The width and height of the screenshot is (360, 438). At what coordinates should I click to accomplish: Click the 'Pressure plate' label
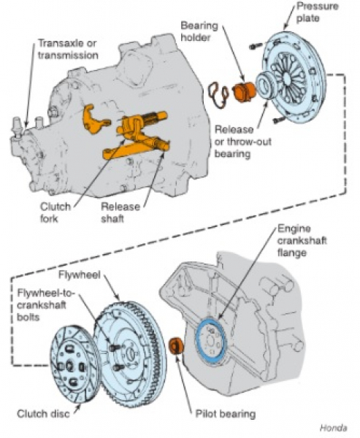(317, 12)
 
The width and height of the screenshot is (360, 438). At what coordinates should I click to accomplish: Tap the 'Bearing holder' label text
(199, 31)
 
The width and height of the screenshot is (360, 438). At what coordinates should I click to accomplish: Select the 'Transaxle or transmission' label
(68, 49)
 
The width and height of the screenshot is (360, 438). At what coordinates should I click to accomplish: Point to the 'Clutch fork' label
(55, 212)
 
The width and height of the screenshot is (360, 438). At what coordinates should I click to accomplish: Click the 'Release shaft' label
(120, 212)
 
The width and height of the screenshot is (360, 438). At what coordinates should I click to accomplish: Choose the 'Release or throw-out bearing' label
(242, 142)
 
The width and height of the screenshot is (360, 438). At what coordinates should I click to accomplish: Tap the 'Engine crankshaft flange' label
(302, 240)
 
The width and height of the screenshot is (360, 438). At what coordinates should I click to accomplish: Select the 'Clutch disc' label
(43, 414)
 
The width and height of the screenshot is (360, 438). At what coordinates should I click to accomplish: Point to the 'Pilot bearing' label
(226, 414)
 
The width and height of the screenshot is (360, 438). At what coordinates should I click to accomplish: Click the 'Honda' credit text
(333, 428)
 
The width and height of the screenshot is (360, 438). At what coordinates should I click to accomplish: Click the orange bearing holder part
(244, 92)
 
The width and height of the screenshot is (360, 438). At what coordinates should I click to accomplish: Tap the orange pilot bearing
(177, 345)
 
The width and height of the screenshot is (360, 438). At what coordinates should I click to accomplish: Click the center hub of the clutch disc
(69, 366)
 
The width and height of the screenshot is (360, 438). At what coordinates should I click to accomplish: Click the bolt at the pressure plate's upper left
(256, 47)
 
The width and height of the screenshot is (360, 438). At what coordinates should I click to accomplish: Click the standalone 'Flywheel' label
(79, 275)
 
